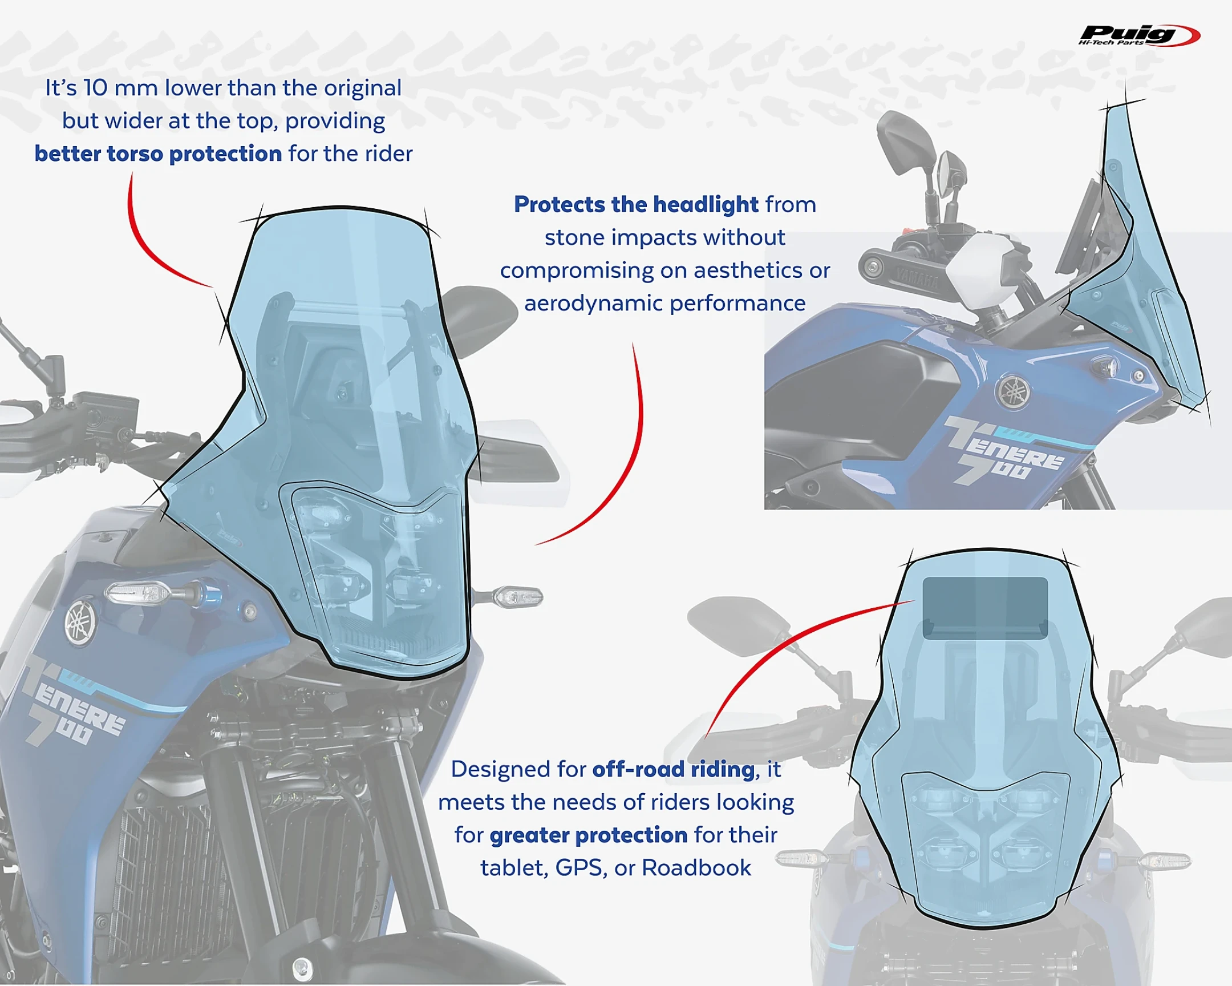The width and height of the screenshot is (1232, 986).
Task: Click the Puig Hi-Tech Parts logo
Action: (1138, 35)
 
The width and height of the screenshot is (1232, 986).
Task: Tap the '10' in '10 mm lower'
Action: (95, 88)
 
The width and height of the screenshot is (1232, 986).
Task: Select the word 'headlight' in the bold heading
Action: (705, 205)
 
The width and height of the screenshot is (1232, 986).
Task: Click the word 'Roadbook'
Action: (696, 868)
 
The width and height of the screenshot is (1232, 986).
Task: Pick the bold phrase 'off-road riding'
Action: (673, 769)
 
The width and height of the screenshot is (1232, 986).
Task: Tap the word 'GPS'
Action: (578, 868)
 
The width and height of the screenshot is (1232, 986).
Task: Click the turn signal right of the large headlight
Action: (517, 597)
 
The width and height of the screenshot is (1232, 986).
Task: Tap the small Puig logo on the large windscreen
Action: (230, 538)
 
